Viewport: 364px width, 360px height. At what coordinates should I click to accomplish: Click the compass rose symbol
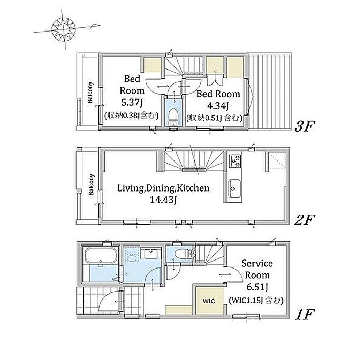[63, 29]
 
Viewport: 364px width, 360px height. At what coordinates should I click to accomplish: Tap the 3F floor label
[304, 127]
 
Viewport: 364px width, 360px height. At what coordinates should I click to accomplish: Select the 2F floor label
[304, 220]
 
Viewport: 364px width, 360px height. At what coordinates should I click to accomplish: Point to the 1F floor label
[305, 315]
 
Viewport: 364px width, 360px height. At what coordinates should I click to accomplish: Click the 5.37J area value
[132, 102]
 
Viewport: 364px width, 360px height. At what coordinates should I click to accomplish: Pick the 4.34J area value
[218, 106]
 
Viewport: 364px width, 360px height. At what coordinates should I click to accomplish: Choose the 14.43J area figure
[163, 200]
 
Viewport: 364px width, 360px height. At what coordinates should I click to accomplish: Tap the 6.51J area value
[257, 287]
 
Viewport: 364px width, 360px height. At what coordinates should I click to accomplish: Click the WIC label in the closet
[209, 301]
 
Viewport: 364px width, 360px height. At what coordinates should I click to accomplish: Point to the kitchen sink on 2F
[233, 188]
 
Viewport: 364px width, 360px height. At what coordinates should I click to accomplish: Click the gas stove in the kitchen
[235, 162]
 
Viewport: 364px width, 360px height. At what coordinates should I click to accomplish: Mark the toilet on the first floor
[182, 254]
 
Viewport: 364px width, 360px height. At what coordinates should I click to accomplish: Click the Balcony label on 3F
[90, 93]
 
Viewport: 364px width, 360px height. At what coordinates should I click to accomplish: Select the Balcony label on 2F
[92, 185]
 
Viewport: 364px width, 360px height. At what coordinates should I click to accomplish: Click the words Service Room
[257, 269]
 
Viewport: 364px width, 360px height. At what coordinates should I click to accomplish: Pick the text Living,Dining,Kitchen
[163, 188]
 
